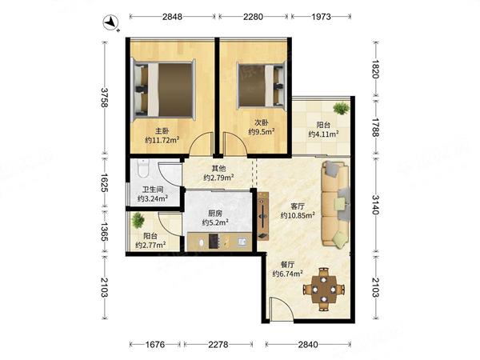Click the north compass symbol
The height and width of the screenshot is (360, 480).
pos(110,23)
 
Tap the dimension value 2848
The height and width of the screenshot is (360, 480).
pos(172,17)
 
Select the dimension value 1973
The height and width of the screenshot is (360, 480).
pos(322,17)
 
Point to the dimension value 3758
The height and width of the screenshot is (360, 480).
pos(105,98)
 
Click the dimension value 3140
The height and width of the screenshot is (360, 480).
pos(376,205)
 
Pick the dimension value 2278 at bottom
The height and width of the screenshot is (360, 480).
pos(218,345)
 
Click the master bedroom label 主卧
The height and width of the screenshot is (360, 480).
pos(162,131)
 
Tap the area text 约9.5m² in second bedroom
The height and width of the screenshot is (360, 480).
pos(261,132)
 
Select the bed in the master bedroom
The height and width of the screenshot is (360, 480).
pos(163,90)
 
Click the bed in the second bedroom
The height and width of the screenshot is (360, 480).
pos(262,85)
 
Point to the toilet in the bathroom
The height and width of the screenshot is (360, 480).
pos(143,168)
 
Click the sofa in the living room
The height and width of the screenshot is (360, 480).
pos(335,204)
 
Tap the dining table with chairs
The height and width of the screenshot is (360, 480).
pos(324,289)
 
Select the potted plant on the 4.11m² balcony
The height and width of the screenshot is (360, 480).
pos(341,108)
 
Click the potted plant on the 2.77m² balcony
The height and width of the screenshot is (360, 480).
pos(138,220)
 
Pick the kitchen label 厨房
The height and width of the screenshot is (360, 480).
pos(215,214)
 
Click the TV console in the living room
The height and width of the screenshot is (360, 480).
pos(263,215)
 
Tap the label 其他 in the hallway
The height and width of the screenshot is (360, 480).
pos(219,168)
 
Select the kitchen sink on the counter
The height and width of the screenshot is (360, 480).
pos(242,242)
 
